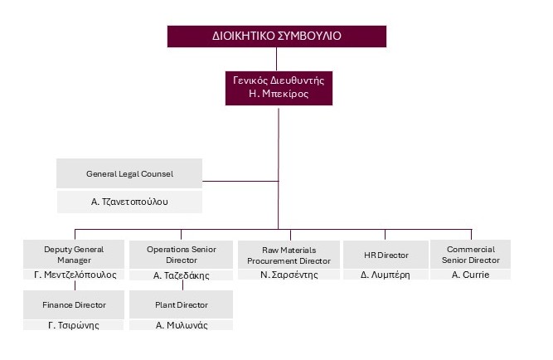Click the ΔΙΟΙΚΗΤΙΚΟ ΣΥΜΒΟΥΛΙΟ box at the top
[277, 36]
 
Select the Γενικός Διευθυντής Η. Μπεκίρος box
[279, 87]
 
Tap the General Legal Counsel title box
[129, 174]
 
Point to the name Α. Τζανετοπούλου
[129, 202]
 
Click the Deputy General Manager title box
[75, 254]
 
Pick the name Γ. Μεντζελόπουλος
[75, 275]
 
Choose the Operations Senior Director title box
[181, 254]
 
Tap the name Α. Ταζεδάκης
[181, 275]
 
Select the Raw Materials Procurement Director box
[285, 254]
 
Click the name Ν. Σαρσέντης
[285, 275]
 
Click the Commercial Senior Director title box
[470, 254]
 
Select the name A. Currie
[470, 275]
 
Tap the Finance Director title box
[75, 305]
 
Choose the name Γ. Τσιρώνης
[75, 325]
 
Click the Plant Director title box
[181, 305]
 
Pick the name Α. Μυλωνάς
[181, 325]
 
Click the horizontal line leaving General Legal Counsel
[240, 180]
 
